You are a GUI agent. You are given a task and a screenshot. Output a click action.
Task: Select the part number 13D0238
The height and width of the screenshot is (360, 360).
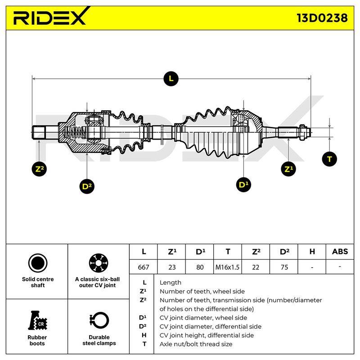tap(322, 18)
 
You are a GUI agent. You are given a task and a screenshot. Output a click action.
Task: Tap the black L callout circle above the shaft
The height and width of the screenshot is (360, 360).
tap(171, 79)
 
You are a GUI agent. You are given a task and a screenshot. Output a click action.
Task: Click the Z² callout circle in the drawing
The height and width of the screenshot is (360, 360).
tap(39, 169)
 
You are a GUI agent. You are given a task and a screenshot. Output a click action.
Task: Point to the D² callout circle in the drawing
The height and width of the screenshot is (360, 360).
tap(87, 186)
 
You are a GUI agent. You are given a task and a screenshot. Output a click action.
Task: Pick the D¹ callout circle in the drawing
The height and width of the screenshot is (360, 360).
tap(243, 184)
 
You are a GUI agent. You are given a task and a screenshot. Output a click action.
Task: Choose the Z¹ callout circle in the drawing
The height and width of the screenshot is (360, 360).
tap(288, 169)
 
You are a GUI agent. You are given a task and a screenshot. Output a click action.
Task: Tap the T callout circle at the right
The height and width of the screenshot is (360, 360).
tap(329, 159)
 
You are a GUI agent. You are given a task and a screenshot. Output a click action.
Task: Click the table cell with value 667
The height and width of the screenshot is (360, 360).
tap(144, 267)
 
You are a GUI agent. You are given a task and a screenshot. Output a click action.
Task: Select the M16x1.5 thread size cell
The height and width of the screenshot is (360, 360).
tap(228, 267)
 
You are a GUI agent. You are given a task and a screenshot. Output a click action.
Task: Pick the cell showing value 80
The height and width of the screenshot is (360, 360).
tap(199, 267)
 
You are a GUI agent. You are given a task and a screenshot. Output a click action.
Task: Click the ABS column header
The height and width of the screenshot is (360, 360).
tap(340, 252)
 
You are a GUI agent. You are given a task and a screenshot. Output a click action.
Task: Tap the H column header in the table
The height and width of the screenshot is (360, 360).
tap(312, 252)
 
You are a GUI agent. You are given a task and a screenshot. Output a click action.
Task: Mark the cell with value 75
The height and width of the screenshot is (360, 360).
tap(284, 267)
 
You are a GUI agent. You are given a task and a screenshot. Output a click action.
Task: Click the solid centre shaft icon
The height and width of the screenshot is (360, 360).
tap(38, 263)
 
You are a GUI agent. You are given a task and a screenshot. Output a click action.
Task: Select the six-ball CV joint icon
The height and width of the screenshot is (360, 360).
tap(99, 263)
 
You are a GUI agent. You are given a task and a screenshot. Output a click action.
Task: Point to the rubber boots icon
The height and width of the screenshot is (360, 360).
tap(37, 320)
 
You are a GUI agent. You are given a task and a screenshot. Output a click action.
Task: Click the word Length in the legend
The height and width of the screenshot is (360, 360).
tap(171, 283)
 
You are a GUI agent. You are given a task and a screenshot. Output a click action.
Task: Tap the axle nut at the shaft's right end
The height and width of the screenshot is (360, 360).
tap(303, 132)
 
